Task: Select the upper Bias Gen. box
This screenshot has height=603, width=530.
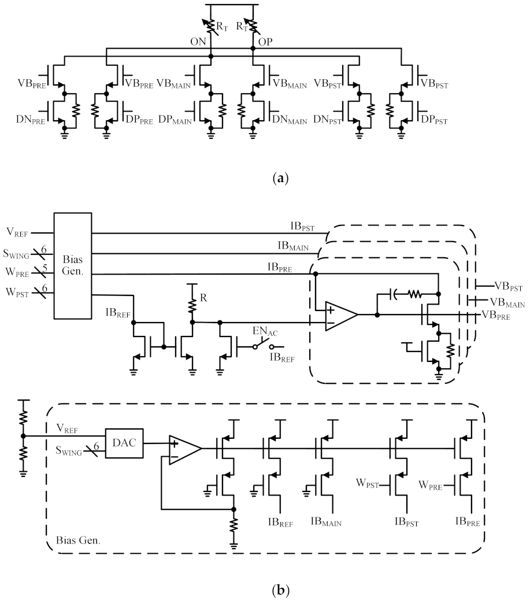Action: [x=72, y=265]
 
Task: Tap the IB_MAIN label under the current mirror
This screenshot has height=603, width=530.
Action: [x=327, y=523]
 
